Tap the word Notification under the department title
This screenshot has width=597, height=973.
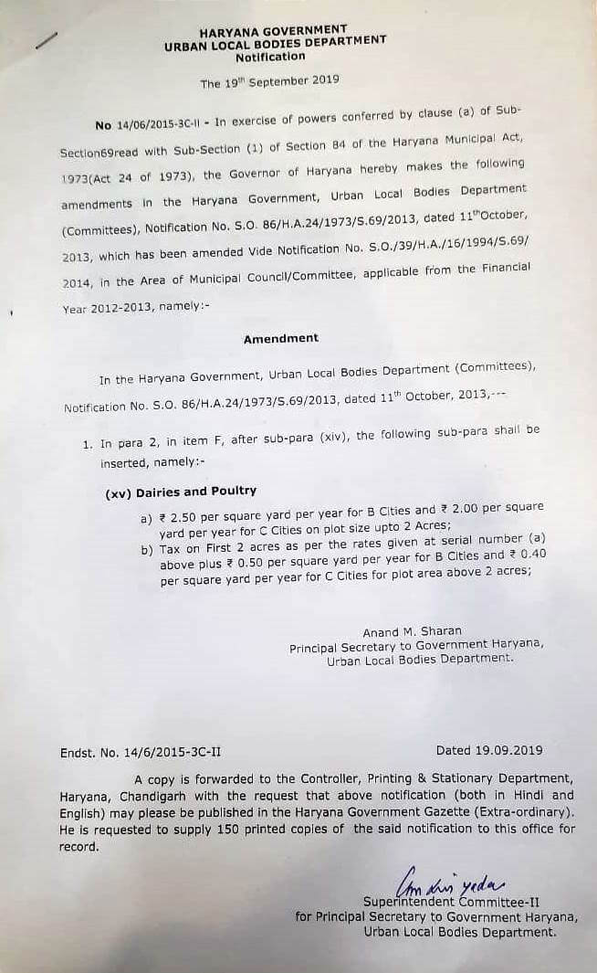click(x=270, y=57)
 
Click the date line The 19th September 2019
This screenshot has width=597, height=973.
click(x=269, y=81)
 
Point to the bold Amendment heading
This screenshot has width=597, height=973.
click(x=280, y=338)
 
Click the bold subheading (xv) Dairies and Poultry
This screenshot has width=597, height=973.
click(x=181, y=492)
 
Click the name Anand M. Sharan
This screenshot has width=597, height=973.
click(x=412, y=631)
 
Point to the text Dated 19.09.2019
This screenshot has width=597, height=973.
click(x=488, y=750)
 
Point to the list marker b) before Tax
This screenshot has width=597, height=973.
click(x=146, y=550)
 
